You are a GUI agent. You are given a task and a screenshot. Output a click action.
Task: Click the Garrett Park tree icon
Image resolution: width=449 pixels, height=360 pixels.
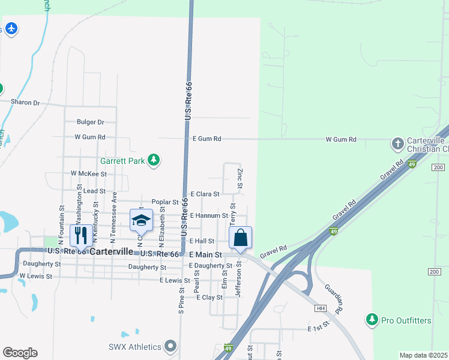[155, 160]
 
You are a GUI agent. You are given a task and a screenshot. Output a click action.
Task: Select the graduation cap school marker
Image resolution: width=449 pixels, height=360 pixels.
[141, 220]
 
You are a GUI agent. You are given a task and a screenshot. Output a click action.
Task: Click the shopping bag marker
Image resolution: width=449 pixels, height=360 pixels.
[240, 237]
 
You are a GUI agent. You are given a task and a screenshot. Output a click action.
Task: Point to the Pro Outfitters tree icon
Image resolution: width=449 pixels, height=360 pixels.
[373, 320]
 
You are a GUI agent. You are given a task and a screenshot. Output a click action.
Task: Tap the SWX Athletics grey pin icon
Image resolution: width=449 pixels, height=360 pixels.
[171, 346]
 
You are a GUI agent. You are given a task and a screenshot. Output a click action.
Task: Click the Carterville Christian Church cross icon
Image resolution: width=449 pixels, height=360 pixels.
[397, 143]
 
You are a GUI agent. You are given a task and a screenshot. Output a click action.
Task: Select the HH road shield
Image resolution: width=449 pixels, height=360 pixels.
[321, 308]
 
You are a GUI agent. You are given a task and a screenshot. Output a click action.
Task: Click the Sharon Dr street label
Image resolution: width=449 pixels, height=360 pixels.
[25, 103]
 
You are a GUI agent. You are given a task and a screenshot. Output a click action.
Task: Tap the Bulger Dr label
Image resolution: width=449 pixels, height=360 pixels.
[90, 122]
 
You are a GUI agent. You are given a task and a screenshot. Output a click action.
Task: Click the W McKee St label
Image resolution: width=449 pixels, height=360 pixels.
[88, 173]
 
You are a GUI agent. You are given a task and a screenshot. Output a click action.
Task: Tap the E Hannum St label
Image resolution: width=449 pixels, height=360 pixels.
[209, 215]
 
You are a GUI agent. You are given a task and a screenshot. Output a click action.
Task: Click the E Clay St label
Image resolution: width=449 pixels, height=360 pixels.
[209, 297]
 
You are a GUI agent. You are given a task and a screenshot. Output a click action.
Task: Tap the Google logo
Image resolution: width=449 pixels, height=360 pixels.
[20, 353]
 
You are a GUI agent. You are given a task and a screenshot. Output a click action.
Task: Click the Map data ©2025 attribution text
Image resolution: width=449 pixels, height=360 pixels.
[423, 355]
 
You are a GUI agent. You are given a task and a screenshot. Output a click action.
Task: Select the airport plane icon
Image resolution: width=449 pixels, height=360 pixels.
[11, 28]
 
